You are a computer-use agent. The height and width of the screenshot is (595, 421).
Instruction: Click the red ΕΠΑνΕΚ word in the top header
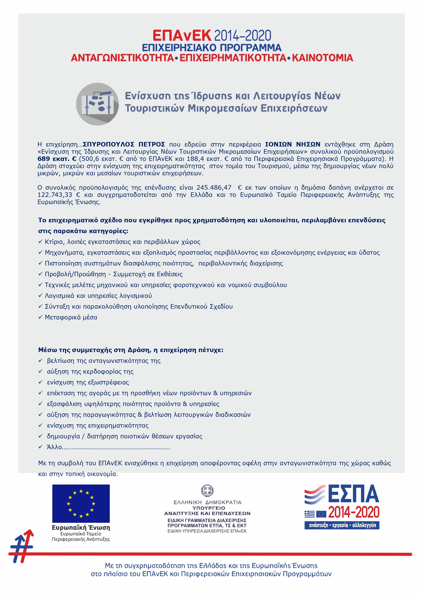click(182, 35)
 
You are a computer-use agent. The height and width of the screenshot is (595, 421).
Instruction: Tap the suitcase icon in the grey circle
click(97, 104)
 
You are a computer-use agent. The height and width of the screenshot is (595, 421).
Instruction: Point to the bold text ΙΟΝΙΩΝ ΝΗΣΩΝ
click(292, 144)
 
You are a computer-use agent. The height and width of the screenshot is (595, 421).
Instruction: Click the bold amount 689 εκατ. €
click(57, 159)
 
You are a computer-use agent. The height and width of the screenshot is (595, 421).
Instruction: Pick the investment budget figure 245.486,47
click(213, 187)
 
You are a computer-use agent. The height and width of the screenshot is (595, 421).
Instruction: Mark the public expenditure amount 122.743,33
click(55, 195)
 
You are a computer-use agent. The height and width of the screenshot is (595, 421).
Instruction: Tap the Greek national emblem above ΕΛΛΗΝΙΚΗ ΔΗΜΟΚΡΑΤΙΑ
click(208, 491)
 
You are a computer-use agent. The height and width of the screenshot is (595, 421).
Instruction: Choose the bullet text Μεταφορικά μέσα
click(71, 317)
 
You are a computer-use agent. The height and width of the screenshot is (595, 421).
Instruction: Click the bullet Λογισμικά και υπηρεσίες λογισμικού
click(98, 296)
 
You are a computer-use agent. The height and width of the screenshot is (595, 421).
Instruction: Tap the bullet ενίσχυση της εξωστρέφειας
click(88, 382)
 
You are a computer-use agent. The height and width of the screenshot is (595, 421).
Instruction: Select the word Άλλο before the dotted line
click(54, 447)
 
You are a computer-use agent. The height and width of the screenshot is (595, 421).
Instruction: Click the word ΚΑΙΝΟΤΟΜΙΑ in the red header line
click(322, 58)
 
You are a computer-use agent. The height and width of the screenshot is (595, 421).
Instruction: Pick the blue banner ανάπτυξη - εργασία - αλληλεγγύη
click(342, 525)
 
